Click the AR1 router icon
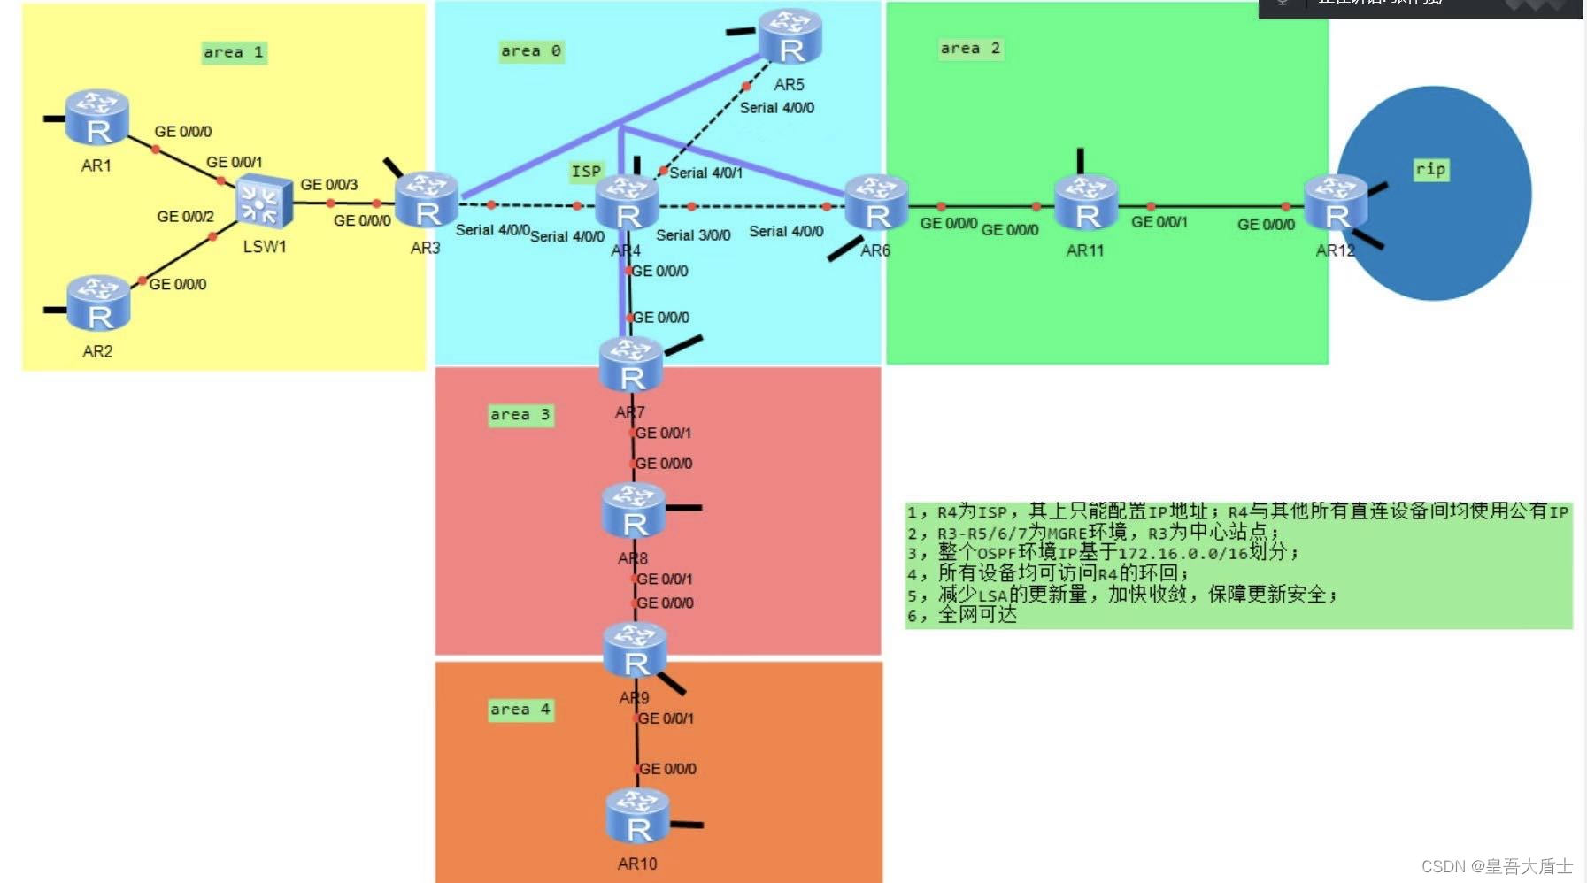tap(97, 118)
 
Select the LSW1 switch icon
tap(264, 203)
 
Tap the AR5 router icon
tap(790, 37)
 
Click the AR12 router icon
tap(1336, 203)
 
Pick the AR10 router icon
tap(637, 816)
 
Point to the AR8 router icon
tap(634, 511)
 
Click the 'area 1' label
tap(234, 52)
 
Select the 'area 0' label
tap(531, 51)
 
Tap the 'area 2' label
tap(970, 49)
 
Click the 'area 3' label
tap(520, 415)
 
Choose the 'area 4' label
tap(520, 710)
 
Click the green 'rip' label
tap(1430, 169)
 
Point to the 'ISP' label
tap(586, 172)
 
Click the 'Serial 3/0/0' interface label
tap(693, 235)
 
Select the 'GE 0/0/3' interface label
tap(329, 185)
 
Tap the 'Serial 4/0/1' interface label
tap(705, 173)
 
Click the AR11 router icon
tap(1086, 203)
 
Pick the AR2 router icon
tap(99, 303)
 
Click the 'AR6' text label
tap(875, 250)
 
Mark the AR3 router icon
tap(427, 200)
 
